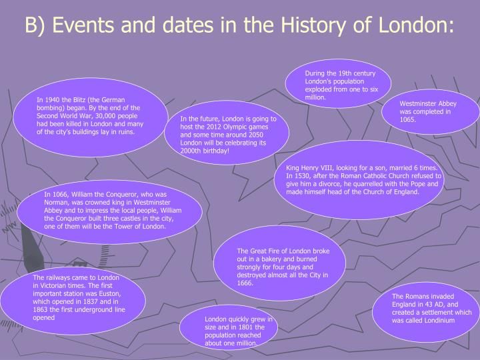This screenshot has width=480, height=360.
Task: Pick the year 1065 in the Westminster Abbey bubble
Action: (408, 120)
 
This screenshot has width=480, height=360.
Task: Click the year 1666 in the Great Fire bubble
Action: (245, 283)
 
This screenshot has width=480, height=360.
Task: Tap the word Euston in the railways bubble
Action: (110, 293)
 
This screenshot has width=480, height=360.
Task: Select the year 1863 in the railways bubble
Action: (41, 309)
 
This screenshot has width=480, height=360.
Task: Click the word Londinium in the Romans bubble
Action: (439, 321)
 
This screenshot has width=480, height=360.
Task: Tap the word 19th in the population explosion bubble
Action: (345, 73)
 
